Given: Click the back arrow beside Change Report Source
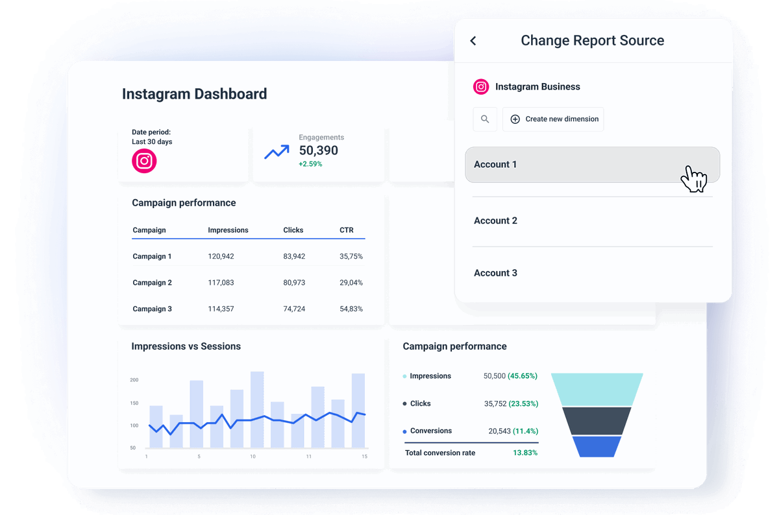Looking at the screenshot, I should (473, 41).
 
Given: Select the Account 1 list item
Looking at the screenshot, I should (592, 165).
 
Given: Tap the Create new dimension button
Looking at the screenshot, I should (553, 119).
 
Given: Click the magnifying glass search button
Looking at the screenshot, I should (485, 119).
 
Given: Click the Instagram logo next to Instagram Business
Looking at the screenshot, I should (481, 87).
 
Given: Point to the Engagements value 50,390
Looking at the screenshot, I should (318, 150).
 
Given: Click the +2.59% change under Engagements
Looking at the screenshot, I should (310, 164).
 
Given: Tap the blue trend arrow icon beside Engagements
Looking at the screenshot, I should (277, 152).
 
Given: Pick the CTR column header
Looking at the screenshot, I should (346, 230).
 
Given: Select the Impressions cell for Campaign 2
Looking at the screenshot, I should (221, 283).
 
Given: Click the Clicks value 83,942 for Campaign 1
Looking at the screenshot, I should (294, 257).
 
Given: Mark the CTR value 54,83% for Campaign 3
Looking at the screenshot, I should (351, 309).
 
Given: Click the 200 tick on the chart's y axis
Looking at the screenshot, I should (134, 380).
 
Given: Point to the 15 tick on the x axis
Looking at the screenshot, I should (364, 457).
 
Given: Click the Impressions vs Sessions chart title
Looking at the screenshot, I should (186, 346).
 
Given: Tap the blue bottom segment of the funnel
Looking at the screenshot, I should (597, 446).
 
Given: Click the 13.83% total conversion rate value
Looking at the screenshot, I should (525, 453).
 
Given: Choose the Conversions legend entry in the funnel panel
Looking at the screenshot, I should (430, 431).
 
